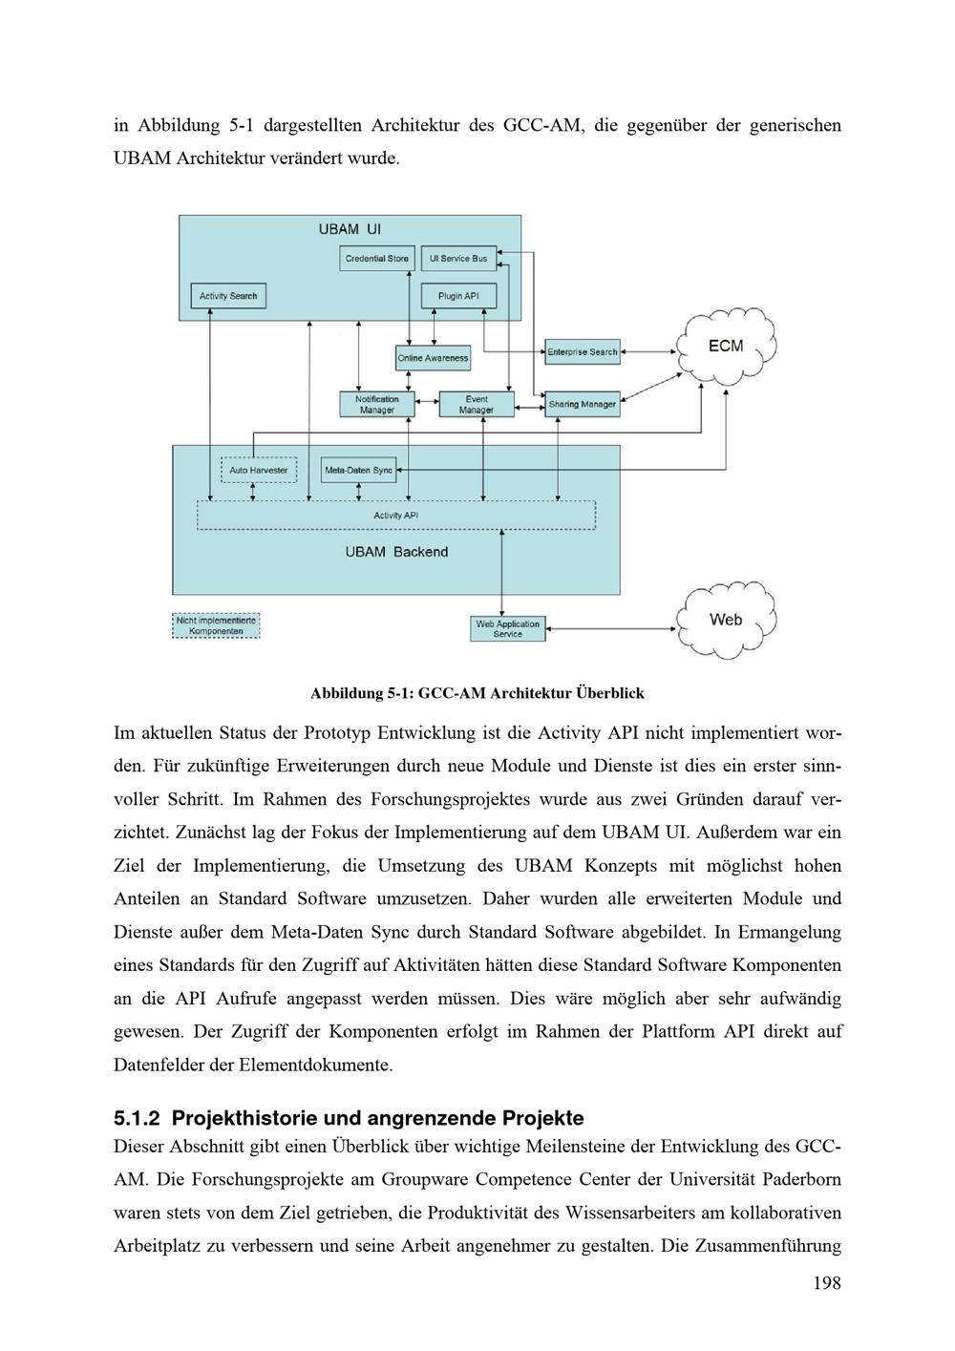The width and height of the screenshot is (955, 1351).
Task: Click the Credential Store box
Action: pos(376,258)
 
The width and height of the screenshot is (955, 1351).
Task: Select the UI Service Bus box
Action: pos(458,258)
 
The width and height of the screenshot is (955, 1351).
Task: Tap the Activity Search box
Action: pos(227,296)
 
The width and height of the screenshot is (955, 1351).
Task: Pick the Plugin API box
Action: pos(458,296)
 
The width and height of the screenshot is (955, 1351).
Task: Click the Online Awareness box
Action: pos(433,358)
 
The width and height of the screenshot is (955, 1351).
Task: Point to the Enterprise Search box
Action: pos(582,351)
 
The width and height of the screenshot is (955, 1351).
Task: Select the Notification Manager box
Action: pos(377,405)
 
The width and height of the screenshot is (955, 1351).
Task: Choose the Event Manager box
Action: pos(476,405)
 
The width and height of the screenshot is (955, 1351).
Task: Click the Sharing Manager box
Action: pos(582,404)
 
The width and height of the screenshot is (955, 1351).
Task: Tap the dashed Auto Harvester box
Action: pos(258,470)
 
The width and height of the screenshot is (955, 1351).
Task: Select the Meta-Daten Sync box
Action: pos(358,470)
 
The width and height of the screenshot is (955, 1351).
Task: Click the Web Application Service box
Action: pos(508,628)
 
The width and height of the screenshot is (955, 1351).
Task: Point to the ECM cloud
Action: pos(726,346)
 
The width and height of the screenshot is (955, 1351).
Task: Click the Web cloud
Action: pos(726,620)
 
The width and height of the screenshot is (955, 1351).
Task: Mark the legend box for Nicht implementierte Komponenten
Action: pos(216,625)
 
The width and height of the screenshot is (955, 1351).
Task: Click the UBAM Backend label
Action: pos(396,552)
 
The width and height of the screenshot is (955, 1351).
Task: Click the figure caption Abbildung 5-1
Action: pos(477,693)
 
